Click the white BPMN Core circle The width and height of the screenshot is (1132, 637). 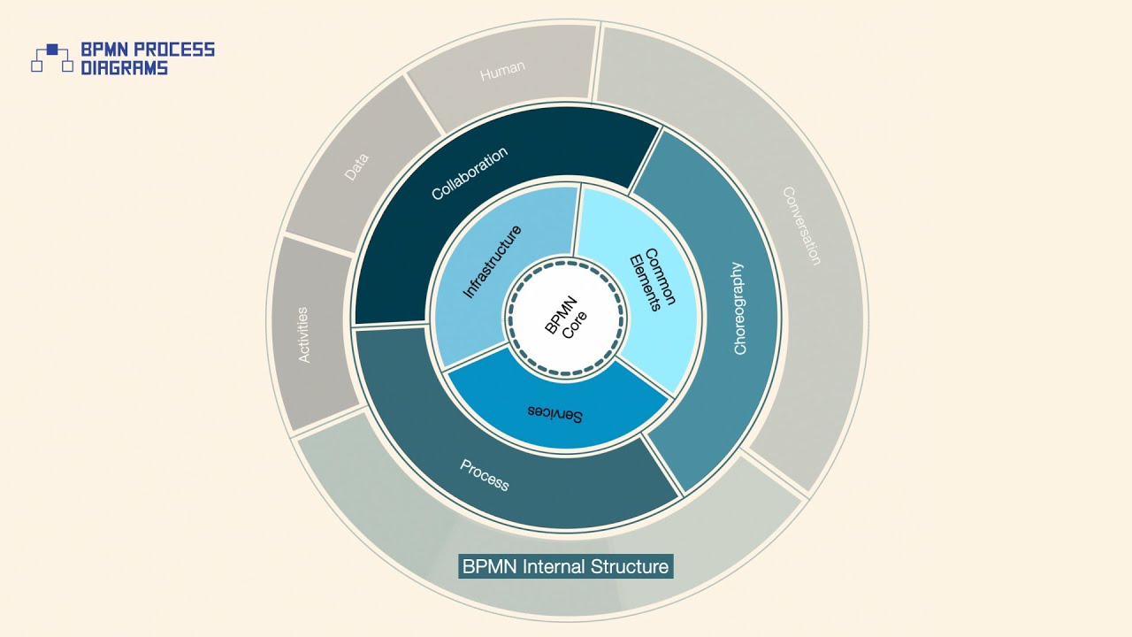point(566,318)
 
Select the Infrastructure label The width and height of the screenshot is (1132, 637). point(493,262)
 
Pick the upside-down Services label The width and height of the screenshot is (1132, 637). point(555,413)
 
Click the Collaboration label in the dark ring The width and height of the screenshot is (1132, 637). point(470,173)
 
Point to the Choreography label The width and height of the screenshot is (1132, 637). point(739,309)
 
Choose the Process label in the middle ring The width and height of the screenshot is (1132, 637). point(485,476)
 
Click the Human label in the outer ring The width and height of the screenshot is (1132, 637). point(502,72)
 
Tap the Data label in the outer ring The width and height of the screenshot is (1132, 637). point(356,167)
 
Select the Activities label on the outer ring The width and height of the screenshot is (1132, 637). point(303,334)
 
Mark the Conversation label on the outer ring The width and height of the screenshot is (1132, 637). point(802,226)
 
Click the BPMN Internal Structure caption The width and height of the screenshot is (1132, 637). point(566,566)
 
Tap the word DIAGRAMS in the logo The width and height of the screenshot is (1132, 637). point(124,67)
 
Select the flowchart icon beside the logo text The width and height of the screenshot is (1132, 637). point(52,58)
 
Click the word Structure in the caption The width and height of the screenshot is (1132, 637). point(631,566)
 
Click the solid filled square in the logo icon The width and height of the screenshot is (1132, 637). point(52,49)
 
